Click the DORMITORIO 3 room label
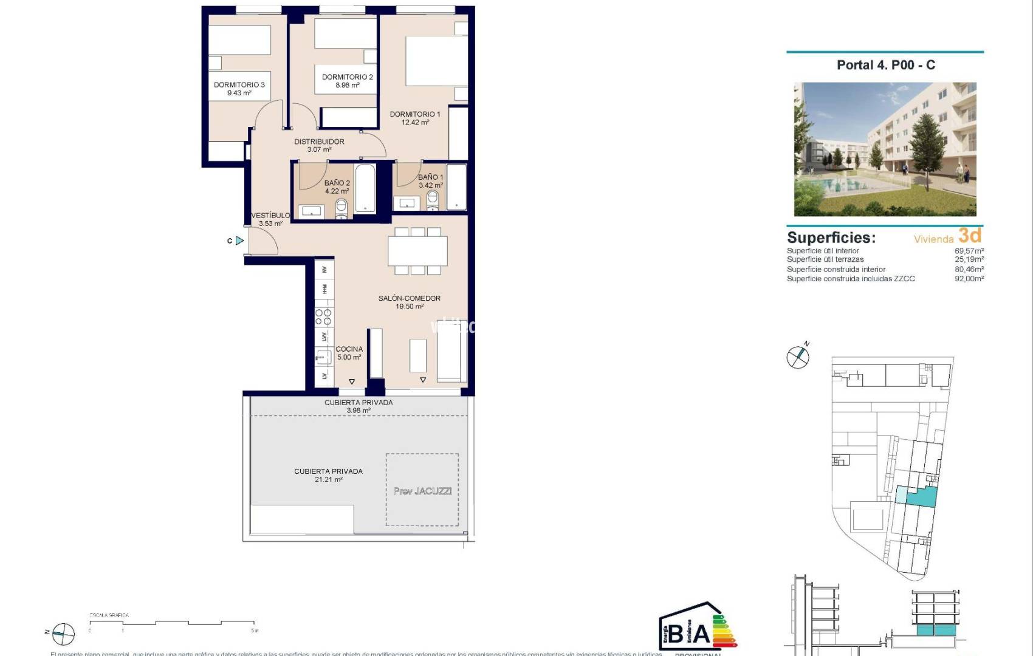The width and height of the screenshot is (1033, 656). pyautogui.click(x=239, y=85)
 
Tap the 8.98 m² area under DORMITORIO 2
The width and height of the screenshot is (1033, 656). pyautogui.click(x=347, y=86)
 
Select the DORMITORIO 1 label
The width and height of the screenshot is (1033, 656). pyautogui.click(x=415, y=114)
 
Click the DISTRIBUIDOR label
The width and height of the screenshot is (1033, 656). pyautogui.click(x=319, y=142)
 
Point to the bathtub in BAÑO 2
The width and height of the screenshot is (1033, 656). pyautogui.click(x=365, y=188)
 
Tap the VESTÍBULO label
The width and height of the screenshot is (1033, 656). pyautogui.click(x=270, y=216)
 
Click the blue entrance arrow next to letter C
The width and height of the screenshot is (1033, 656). pyautogui.click(x=240, y=241)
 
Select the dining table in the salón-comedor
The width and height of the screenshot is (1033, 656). pyautogui.click(x=417, y=251)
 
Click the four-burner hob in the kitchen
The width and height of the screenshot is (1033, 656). pyautogui.click(x=323, y=317)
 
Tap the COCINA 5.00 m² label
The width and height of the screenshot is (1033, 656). pyautogui.click(x=349, y=353)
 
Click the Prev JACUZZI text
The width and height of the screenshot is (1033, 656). pyautogui.click(x=422, y=491)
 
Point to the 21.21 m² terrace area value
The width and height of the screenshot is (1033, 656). pyautogui.click(x=328, y=480)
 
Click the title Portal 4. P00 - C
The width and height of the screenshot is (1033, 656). pyautogui.click(x=885, y=65)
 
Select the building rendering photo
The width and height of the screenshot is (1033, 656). pyautogui.click(x=885, y=149)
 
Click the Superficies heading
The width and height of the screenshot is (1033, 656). pyautogui.click(x=831, y=237)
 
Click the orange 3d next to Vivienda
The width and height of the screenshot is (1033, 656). pyautogui.click(x=970, y=235)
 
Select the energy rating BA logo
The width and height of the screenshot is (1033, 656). pyautogui.click(x=696, y=627)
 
